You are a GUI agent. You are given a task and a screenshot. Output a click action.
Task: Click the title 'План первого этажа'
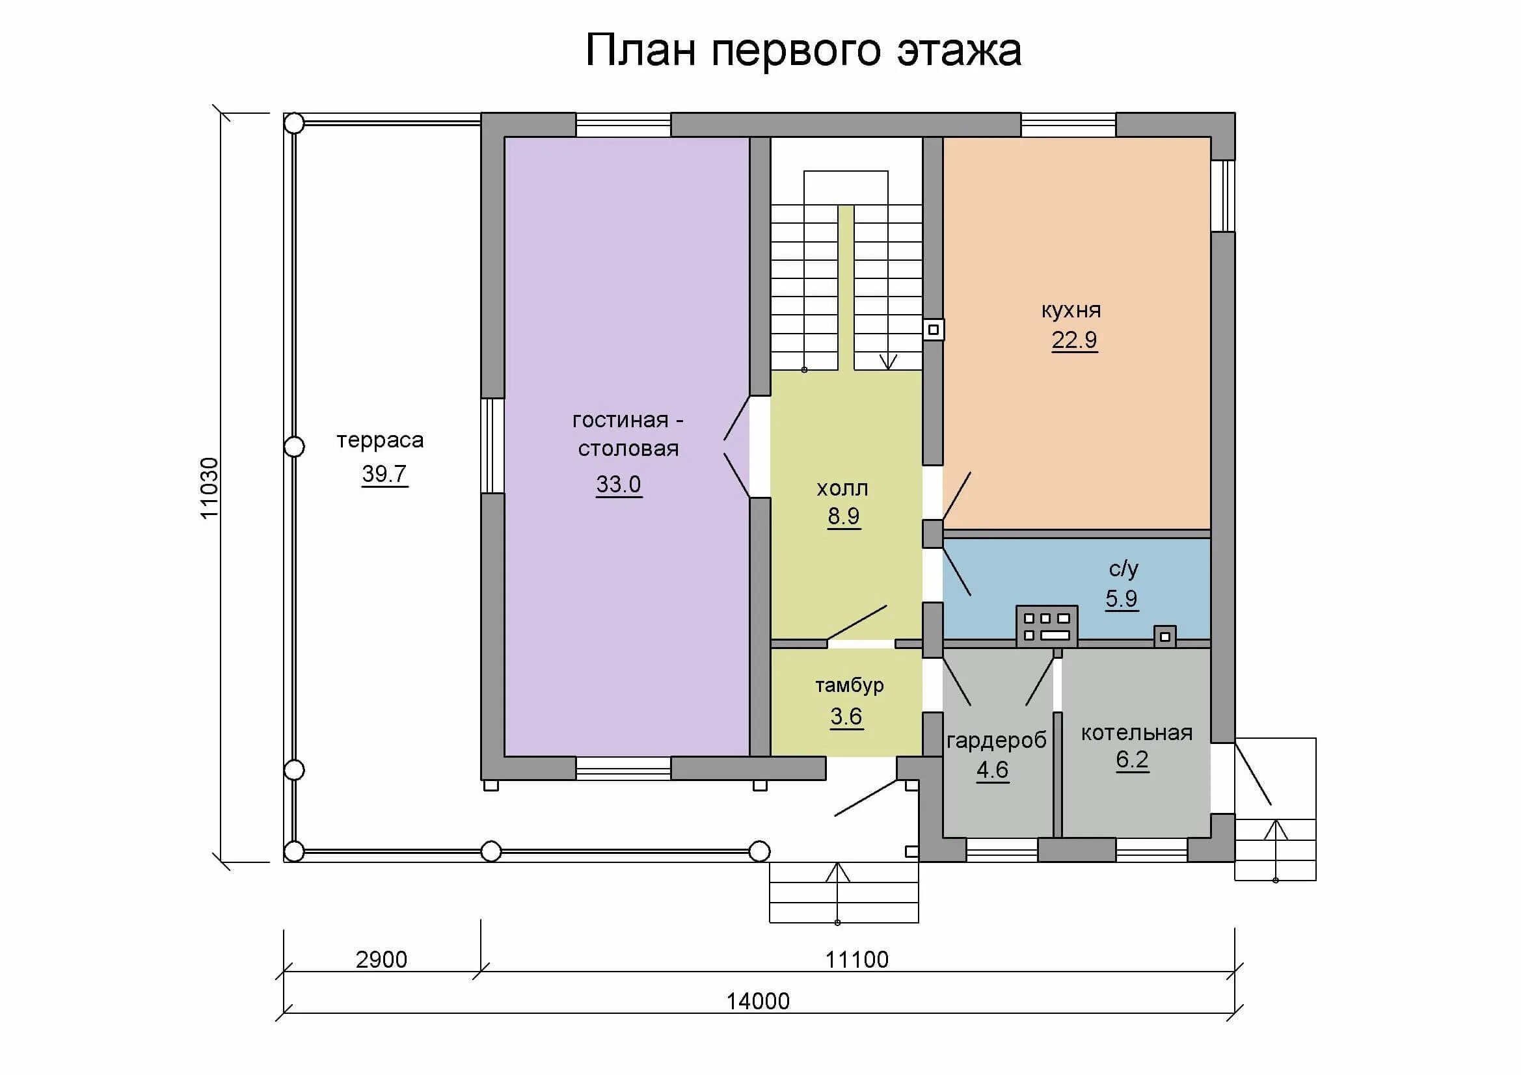[x=803, y=50]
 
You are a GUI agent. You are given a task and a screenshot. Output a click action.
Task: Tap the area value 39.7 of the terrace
[x=384, y=473]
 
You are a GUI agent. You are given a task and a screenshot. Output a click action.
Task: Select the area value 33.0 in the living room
[x=619, y=484]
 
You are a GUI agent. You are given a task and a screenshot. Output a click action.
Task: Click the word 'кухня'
[x=1071, y=310]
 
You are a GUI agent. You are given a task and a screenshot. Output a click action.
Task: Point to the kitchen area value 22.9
[x=1075, y=339]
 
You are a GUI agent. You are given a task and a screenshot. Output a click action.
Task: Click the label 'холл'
[x=842, y=489]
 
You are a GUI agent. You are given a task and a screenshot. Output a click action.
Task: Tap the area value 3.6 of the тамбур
[x=846, y=716]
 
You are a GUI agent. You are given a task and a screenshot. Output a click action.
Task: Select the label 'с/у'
[x=1124, y=568]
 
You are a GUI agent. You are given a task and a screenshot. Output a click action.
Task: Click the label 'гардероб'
[x=997, y=741]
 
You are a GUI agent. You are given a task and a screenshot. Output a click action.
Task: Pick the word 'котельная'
[x=1137, y=732]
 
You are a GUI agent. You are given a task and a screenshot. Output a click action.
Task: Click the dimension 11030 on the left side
[x=209, y=488]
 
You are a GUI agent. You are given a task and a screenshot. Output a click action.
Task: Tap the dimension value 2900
[x=382, y=959]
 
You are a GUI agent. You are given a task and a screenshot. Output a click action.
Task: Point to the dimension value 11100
[x=857, y=959]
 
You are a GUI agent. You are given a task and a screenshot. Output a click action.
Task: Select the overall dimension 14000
[x=758, y=1001]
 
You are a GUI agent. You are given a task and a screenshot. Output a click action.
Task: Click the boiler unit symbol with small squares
[x=1047, y=626]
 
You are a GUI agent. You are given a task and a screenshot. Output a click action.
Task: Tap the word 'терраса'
[x=380, y=440]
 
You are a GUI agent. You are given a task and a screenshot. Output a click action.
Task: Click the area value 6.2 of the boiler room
[x=1132, y=759]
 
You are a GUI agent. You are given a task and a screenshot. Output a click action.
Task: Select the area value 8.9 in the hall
[x=843, y=516]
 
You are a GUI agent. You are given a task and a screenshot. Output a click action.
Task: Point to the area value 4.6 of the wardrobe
[x=992, y=769]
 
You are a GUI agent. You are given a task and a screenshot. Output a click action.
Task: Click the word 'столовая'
[x=628, y=449]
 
